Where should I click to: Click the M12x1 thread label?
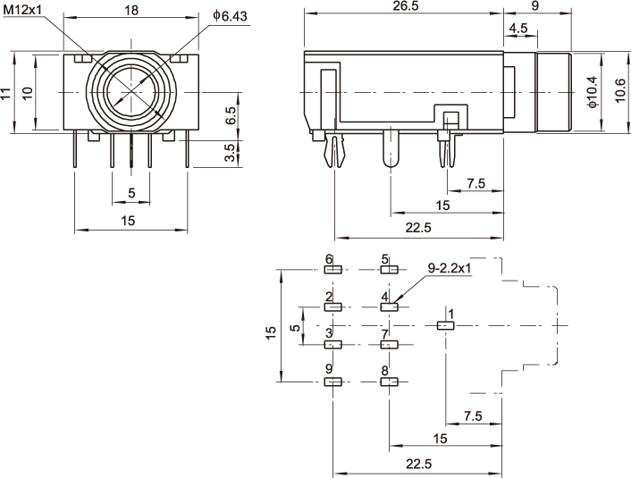click(x=21, y=9)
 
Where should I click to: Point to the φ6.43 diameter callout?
click(x=231, y=16)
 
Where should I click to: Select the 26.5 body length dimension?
click(x=404, y=7)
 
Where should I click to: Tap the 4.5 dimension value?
click(x=517, y=29)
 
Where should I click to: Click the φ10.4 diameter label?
click(x=591, y=90)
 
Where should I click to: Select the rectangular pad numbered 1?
click(x=445, y=326)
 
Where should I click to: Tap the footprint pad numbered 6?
click(x=332, y=271)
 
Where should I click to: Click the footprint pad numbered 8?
click(x=389, y=382)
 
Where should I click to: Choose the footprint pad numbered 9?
click(x=332, y=382)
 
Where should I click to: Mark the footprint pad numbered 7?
click(x=389, y=345)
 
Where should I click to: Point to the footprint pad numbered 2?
click(x=332, y=307)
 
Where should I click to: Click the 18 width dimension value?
click(x=131, y=10)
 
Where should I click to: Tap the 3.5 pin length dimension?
click(x=231, y=153)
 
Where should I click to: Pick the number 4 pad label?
click(x=385, y=297)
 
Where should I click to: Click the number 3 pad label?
click(x=330, y=333)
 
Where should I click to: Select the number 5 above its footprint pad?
click(x=385, y=259)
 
